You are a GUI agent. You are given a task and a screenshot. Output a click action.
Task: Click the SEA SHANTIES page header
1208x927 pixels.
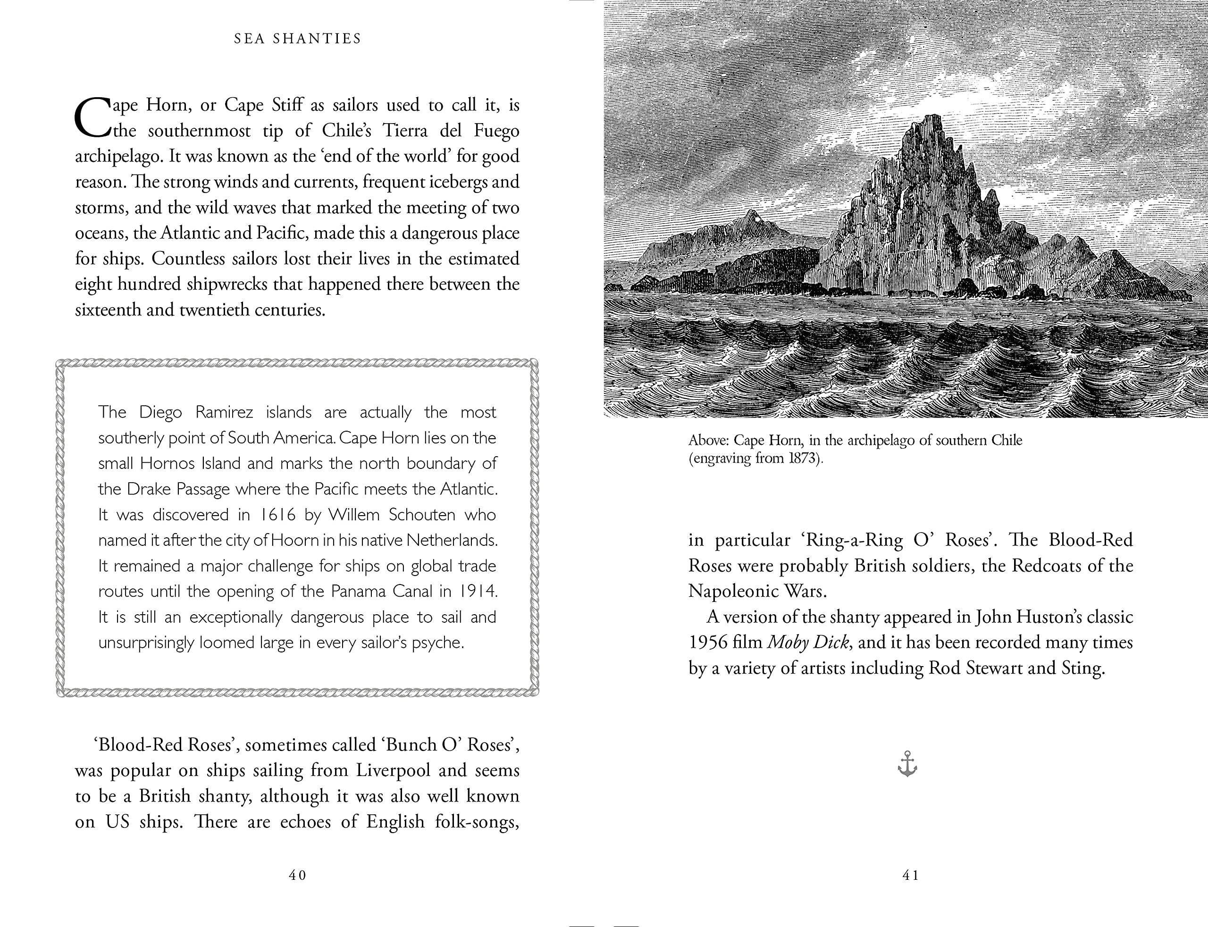pos(297,39)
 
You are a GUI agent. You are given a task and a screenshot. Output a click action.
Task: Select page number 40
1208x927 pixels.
pos(297,875)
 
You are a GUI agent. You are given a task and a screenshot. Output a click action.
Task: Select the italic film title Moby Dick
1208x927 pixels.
pos(808,642)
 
